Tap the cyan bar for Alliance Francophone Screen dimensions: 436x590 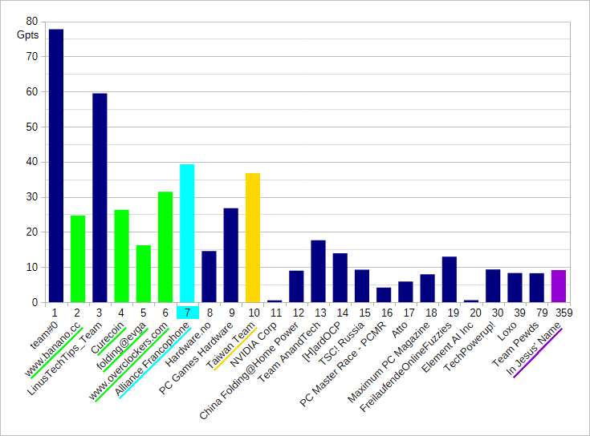click(x=187, y=233)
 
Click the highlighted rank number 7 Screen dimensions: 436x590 click(x=187, y=313)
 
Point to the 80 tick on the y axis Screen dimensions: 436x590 click(x=31, y=22)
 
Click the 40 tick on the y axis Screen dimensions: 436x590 click(x=31, y=162)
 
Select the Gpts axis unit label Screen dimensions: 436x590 click(x=27, y=35)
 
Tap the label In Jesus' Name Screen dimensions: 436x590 click(x=539, y=353)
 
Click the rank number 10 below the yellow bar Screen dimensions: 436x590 click(x=253, y=313)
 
